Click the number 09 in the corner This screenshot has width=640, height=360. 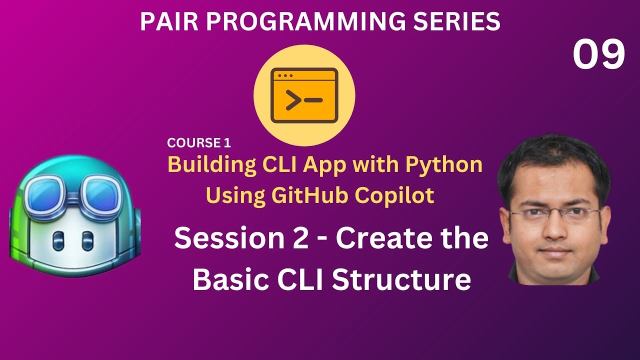pos(598,55)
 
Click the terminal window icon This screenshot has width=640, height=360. pos(304,96)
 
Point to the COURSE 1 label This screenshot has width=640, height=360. pos(199,143)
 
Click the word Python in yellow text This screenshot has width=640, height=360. pos(446,164)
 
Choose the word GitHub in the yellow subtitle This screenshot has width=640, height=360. pos(307,195)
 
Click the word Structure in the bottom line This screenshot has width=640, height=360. pos(401,280)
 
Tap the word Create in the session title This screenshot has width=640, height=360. pos(380,238)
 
